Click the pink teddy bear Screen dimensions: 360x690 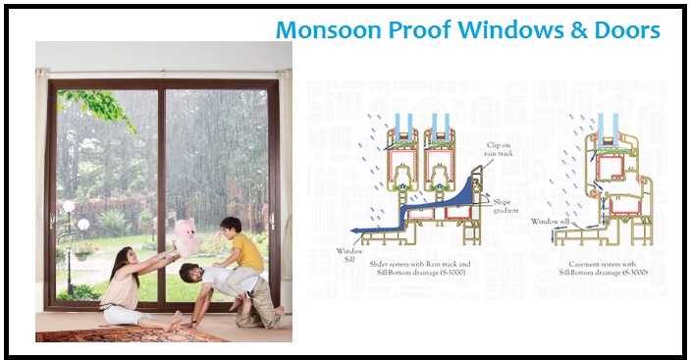pyautogui.click(x=186, y=236)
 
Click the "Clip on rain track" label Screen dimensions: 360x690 pyautogui.click(x=499, y=149)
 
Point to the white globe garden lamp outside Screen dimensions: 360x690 pyautogui.click(x=69, y=206)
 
